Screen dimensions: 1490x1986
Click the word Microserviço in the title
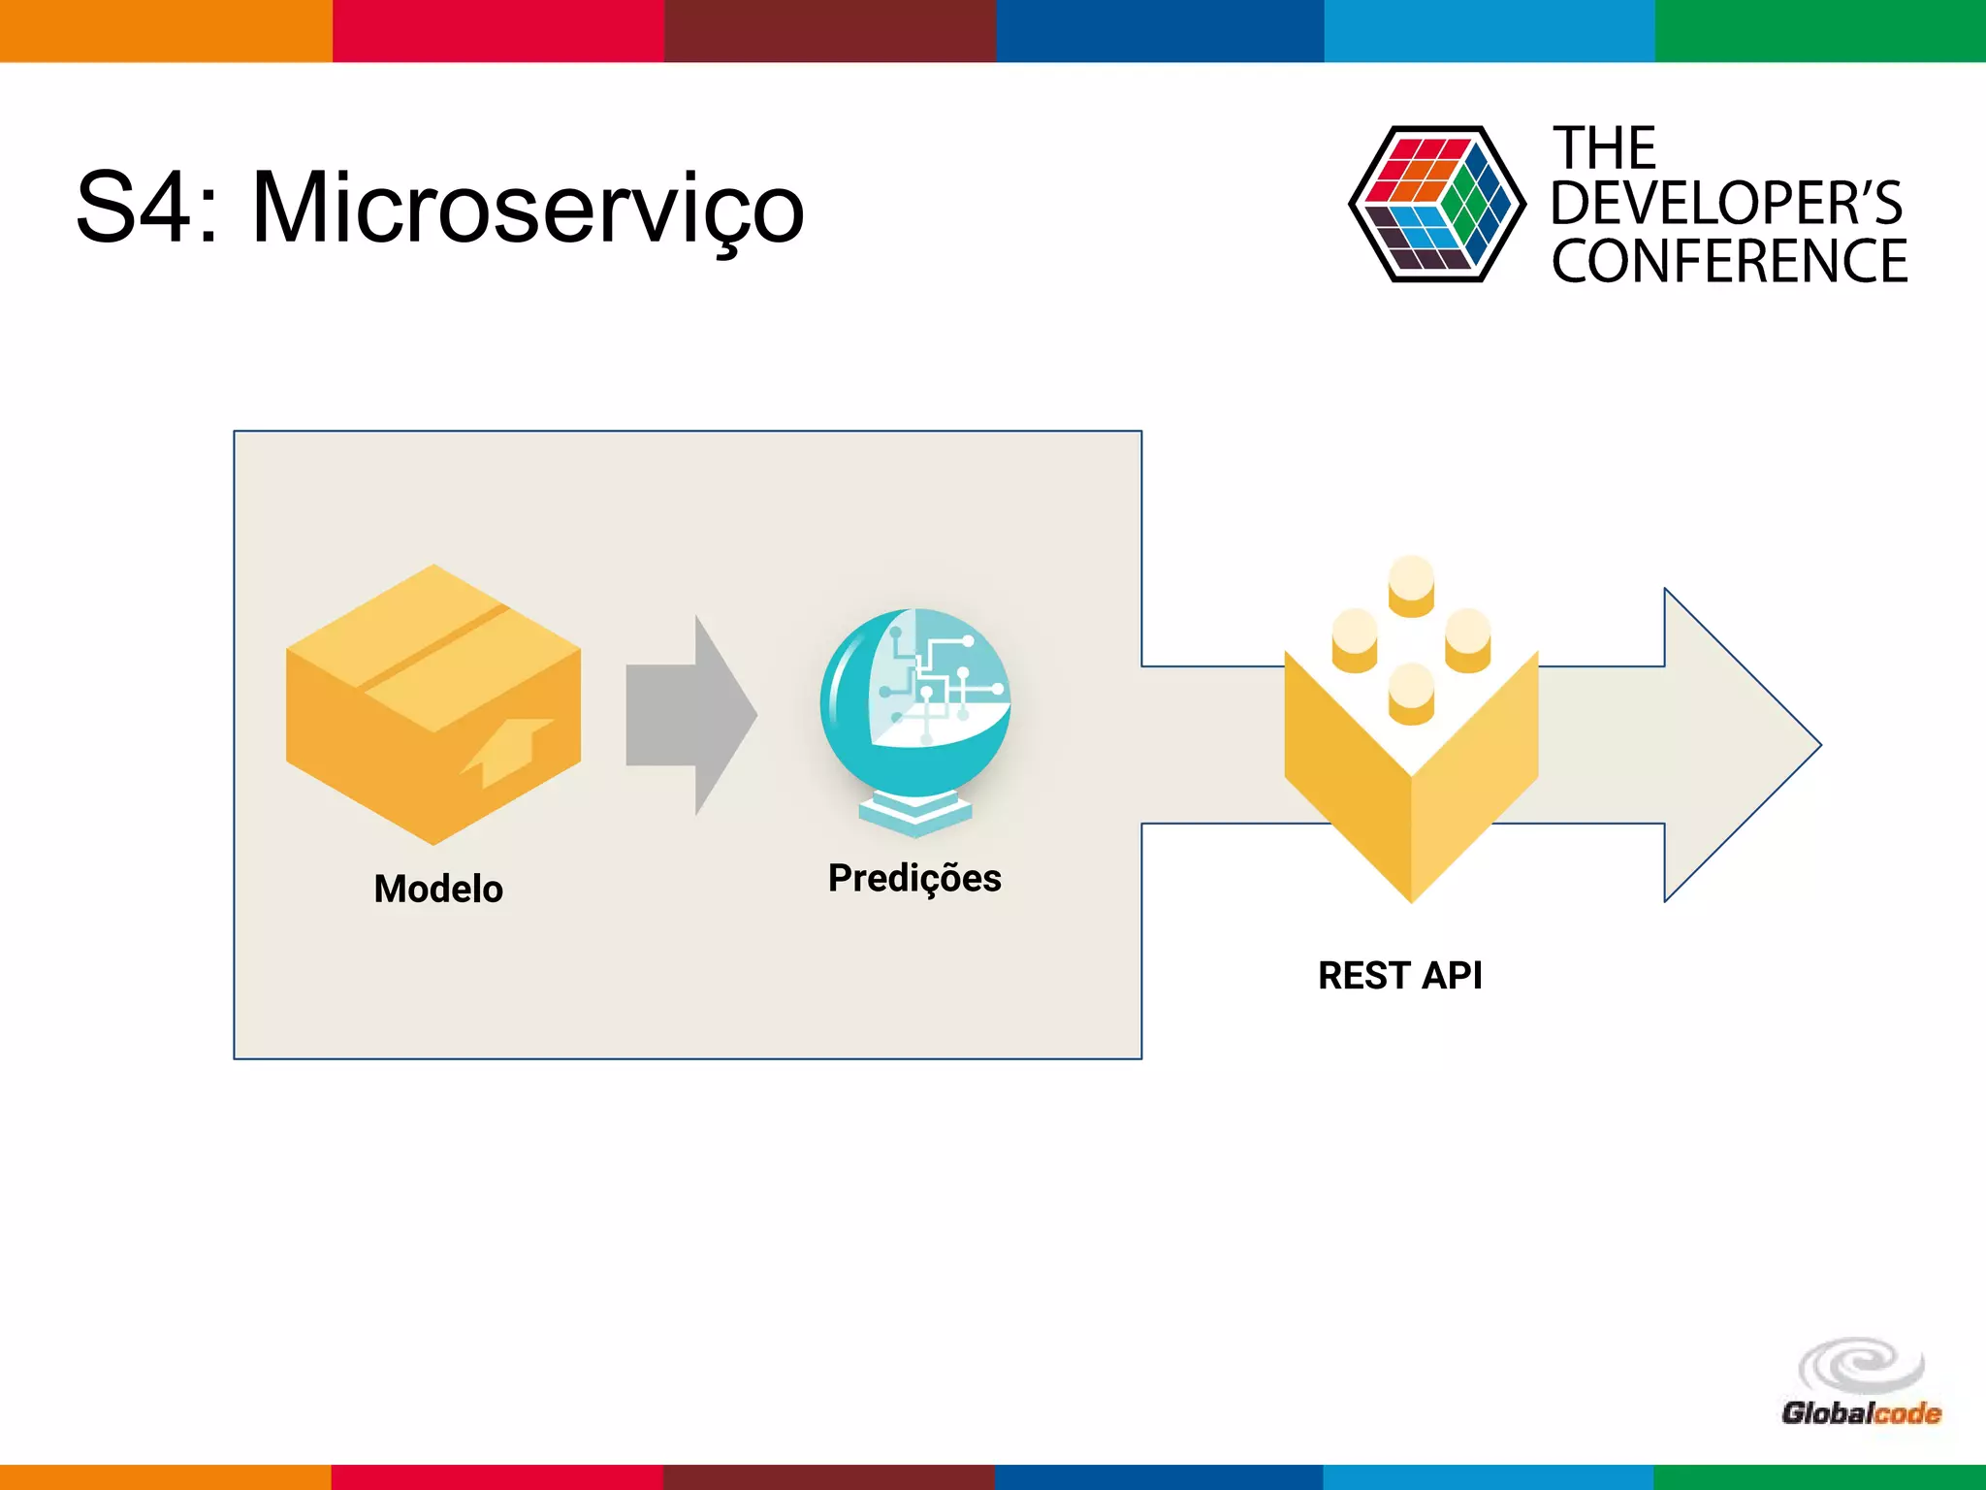529,209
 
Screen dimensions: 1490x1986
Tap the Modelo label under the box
438,889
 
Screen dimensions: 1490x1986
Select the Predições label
913,878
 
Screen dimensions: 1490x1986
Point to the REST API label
1399,976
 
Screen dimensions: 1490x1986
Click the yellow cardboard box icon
432,703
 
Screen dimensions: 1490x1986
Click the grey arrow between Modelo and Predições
690,715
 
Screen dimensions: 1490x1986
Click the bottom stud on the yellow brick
1411,693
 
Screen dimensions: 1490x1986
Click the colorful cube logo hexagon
1436,205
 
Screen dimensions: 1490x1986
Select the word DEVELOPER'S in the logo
1726,204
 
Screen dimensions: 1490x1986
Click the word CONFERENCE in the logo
1729,261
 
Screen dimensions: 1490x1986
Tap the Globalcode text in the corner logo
1861,1413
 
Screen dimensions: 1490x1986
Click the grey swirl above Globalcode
1861,1366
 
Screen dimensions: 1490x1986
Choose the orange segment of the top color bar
166,30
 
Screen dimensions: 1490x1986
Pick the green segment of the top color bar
1820,30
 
